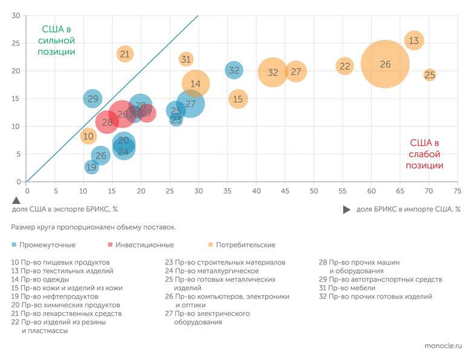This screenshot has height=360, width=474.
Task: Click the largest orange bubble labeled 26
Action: (x=385, y=64)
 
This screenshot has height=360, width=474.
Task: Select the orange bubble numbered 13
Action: (x=414, y=41)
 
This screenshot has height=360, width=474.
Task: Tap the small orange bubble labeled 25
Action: (x=430, y=75)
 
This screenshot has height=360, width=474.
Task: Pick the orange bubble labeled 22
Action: (x=345, y=66)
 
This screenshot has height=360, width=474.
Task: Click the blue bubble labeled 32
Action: (x=234, y=70)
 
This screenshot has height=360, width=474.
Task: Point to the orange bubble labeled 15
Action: (x=238, y=99)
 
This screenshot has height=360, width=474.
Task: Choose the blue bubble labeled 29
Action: (x=93, y=99)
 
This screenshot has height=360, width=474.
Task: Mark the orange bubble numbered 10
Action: (x=88, y=136)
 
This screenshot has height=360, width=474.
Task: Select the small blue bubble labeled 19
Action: (x=91, y=167)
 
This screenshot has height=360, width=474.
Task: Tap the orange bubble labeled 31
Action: (x=186, y=59)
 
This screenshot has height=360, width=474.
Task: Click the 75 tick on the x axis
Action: (x=458, y=191)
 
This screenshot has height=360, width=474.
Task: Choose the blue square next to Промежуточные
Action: (x=14, y=245)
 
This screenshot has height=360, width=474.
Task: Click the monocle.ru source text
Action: (x=443, y=345)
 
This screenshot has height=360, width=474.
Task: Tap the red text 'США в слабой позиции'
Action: (x=424, y=154)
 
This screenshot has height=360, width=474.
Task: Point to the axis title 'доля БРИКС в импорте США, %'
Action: (x=408, y=209)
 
